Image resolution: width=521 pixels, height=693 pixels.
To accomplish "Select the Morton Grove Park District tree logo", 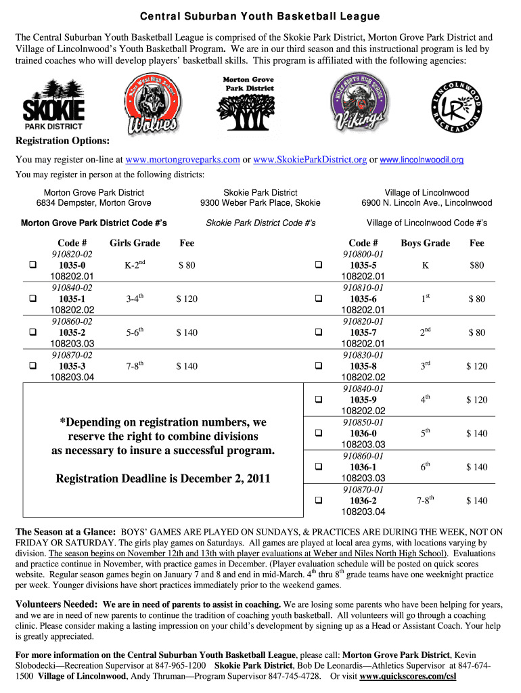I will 248,103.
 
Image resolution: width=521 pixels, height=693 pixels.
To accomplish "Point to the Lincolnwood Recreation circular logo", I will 459,103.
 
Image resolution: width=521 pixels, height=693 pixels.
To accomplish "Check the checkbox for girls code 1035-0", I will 32,265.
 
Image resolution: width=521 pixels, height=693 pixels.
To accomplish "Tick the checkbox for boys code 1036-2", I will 317,501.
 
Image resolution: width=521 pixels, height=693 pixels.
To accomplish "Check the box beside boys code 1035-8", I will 317,366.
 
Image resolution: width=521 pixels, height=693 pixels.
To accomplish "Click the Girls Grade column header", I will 135,243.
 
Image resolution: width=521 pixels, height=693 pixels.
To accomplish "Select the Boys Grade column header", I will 425,243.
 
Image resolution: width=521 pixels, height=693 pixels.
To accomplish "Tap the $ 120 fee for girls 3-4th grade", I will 187,299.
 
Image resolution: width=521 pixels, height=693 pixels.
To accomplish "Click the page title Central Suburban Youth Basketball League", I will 259,16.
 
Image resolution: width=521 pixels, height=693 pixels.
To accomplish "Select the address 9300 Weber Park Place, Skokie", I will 260,203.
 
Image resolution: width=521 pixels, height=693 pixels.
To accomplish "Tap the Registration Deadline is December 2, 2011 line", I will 163,478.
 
